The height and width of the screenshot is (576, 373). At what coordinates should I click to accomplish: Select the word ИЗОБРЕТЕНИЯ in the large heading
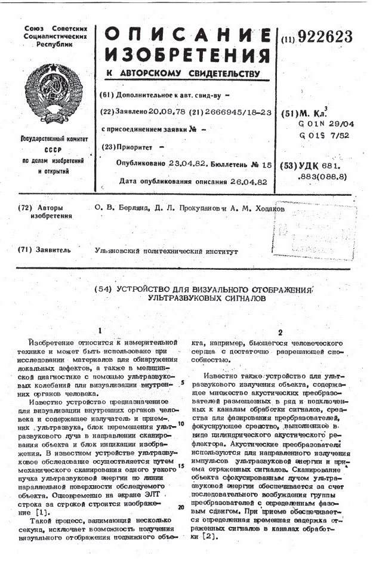(x=187, y=56)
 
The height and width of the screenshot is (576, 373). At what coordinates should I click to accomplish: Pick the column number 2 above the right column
(x=279, y=332)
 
